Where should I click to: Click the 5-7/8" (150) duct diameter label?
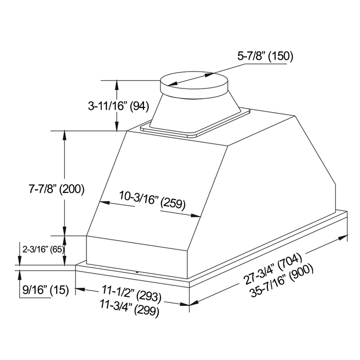click(265, 56)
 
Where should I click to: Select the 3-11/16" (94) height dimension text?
click(118, 106)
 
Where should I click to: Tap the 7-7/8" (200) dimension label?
click(57, 189)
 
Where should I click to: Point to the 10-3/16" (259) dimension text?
click(152, 201)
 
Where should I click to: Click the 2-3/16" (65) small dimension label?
click(43, 249)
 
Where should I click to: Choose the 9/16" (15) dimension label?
click(45, 290)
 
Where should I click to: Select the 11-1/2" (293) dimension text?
click(131, 294)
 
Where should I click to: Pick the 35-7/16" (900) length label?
click(282, 281)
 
